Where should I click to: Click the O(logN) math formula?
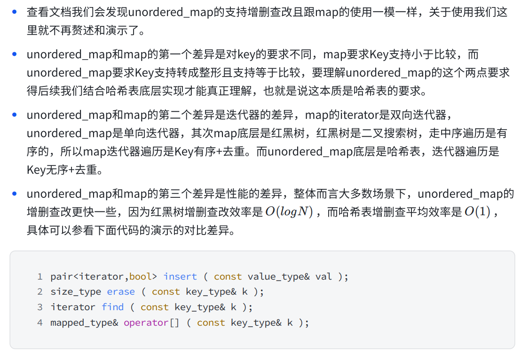point(289,212)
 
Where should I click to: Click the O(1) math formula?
point(477,212)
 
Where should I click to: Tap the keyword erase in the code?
point(121,292)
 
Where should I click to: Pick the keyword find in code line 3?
point(113,307)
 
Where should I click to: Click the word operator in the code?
point(146,323)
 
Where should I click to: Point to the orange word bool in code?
point(141,276)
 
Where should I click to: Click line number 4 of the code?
point(40,323)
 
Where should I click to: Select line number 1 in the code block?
point(40,276)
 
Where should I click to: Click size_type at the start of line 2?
point(76,292)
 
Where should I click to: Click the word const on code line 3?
point(154,307)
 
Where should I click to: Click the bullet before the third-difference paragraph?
point(15,194)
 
